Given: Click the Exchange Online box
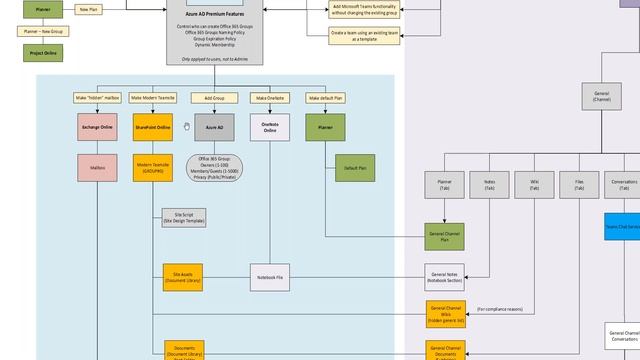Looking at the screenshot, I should [x=97, y=128].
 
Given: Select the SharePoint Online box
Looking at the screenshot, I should [x=153, y=128].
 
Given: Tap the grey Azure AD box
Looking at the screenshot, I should [x=214, y=128].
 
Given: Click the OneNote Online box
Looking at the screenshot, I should [x=270, y=127].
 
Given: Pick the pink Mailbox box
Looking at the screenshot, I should [x=97, y=168].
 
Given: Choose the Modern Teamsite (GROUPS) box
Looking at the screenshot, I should [x=153, y=167].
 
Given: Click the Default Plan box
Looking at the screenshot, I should [x=355, y=168].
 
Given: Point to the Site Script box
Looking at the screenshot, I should [x=183, y=217].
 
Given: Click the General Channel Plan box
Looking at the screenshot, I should [x=445, y=236].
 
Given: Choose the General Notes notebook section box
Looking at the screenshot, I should [x=445, y=277].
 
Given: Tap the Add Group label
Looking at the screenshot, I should [x=214, y=98].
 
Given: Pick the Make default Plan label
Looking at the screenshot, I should [x=325, y=98].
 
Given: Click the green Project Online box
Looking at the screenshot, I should [x=43, y=52].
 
